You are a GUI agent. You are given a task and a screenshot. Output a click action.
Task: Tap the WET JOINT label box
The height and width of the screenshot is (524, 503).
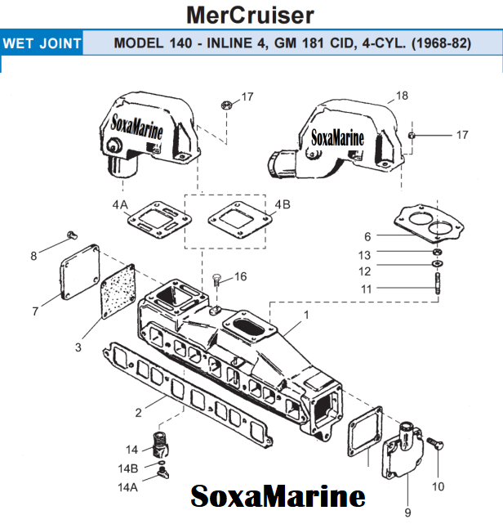pyautogui.click(x=42, y=43)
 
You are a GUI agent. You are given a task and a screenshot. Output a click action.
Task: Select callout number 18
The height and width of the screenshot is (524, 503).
pyautogui.click(x=402, y=96)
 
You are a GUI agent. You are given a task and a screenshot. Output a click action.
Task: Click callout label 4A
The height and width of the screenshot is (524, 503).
pyautogui.click(x=121, y=204)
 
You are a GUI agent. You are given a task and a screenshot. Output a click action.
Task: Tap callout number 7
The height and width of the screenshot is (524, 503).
pyautogui.click(x=35, y=311)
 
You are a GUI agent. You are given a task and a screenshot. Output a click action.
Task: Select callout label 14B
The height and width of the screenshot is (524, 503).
pyautogui.click(x=128, y=468)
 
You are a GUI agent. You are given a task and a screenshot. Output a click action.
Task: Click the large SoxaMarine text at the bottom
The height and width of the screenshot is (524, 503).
pyautogui.click(x=278, y=496)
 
